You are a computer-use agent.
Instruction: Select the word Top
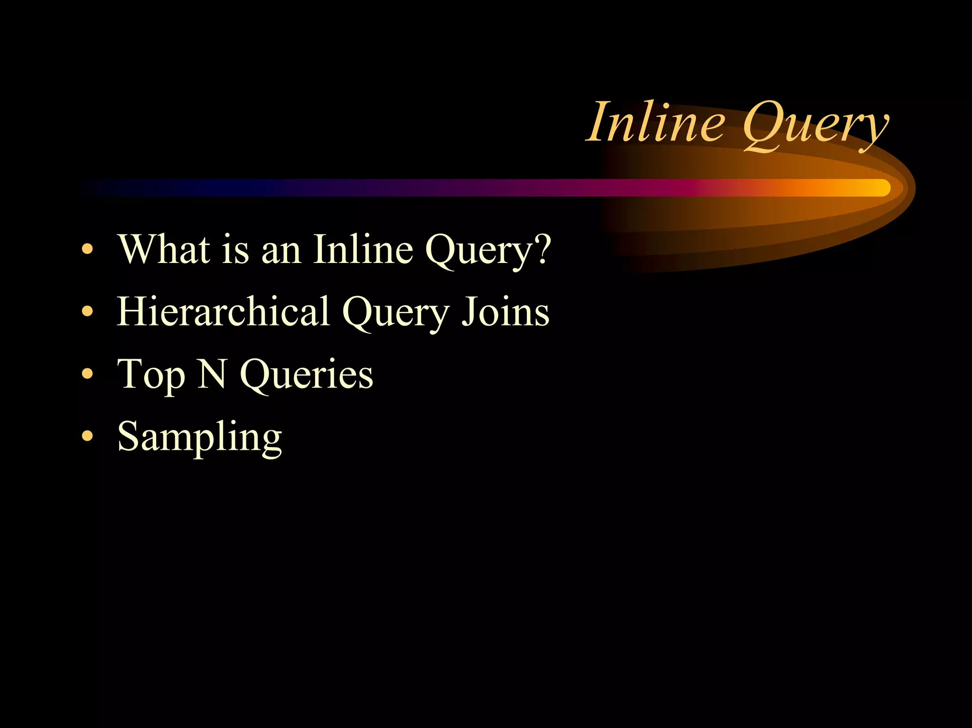pos(151,375)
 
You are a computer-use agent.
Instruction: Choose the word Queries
pos(307,375)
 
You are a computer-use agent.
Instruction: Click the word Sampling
pos(199,438)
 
